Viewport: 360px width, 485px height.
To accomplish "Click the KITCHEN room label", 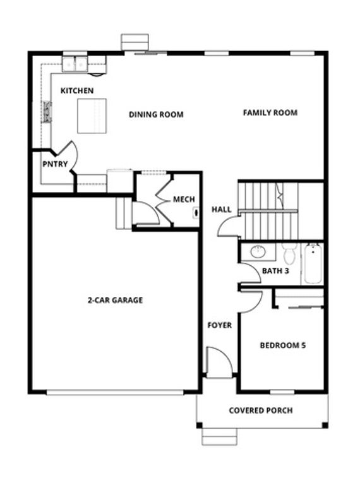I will pos(77,91).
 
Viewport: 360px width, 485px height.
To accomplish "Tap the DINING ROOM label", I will pos(156,114).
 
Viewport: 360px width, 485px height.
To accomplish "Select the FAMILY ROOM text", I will pos(270,112).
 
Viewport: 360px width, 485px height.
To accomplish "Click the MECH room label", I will pos(184,200).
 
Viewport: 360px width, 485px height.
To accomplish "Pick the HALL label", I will pos(221,209).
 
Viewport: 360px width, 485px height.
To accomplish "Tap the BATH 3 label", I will pos(276,272).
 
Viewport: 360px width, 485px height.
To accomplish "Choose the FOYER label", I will pos(220,325).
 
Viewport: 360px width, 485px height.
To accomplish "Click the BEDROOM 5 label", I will pos(283,345).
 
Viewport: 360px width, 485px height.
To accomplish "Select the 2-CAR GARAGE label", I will pos(115,300).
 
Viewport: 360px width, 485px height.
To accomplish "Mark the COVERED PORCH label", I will pos(260,410).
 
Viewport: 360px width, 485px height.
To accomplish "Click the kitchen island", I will pos(90,116).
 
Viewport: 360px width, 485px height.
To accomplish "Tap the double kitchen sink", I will pos(76,63).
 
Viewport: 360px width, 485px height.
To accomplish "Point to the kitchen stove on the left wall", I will pos(47,112).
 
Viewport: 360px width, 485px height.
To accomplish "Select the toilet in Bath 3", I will pos(290,254).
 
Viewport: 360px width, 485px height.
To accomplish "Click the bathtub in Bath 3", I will pos(313,264).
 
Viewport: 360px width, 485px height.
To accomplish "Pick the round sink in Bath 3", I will pos(258,252).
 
